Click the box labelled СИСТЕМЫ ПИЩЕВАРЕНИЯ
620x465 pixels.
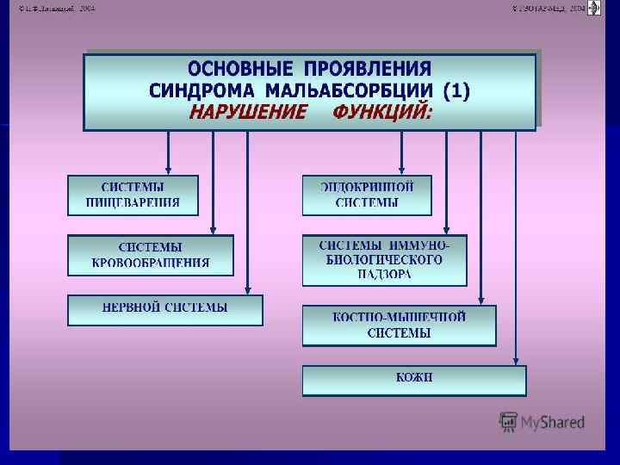(133, 195)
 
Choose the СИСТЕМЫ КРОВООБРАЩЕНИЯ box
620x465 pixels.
(150, 256)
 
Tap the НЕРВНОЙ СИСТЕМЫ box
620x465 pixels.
(164, 310)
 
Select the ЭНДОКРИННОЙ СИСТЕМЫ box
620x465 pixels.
(366, 195)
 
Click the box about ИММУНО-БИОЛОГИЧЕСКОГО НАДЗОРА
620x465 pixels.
(384, 260)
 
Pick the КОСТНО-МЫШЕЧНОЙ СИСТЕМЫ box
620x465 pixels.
(399, 325)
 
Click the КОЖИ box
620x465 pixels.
(413, 380)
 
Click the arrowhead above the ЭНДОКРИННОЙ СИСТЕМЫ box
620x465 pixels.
(401, 170)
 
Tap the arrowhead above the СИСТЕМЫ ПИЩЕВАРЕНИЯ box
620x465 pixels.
(169, 170)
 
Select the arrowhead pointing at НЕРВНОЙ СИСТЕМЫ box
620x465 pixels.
(248, 290)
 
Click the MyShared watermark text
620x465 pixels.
(553, 422)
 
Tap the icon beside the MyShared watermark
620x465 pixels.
(509, 421)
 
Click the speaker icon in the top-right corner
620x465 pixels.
(593, 8)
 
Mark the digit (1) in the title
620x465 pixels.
(456, 90)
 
